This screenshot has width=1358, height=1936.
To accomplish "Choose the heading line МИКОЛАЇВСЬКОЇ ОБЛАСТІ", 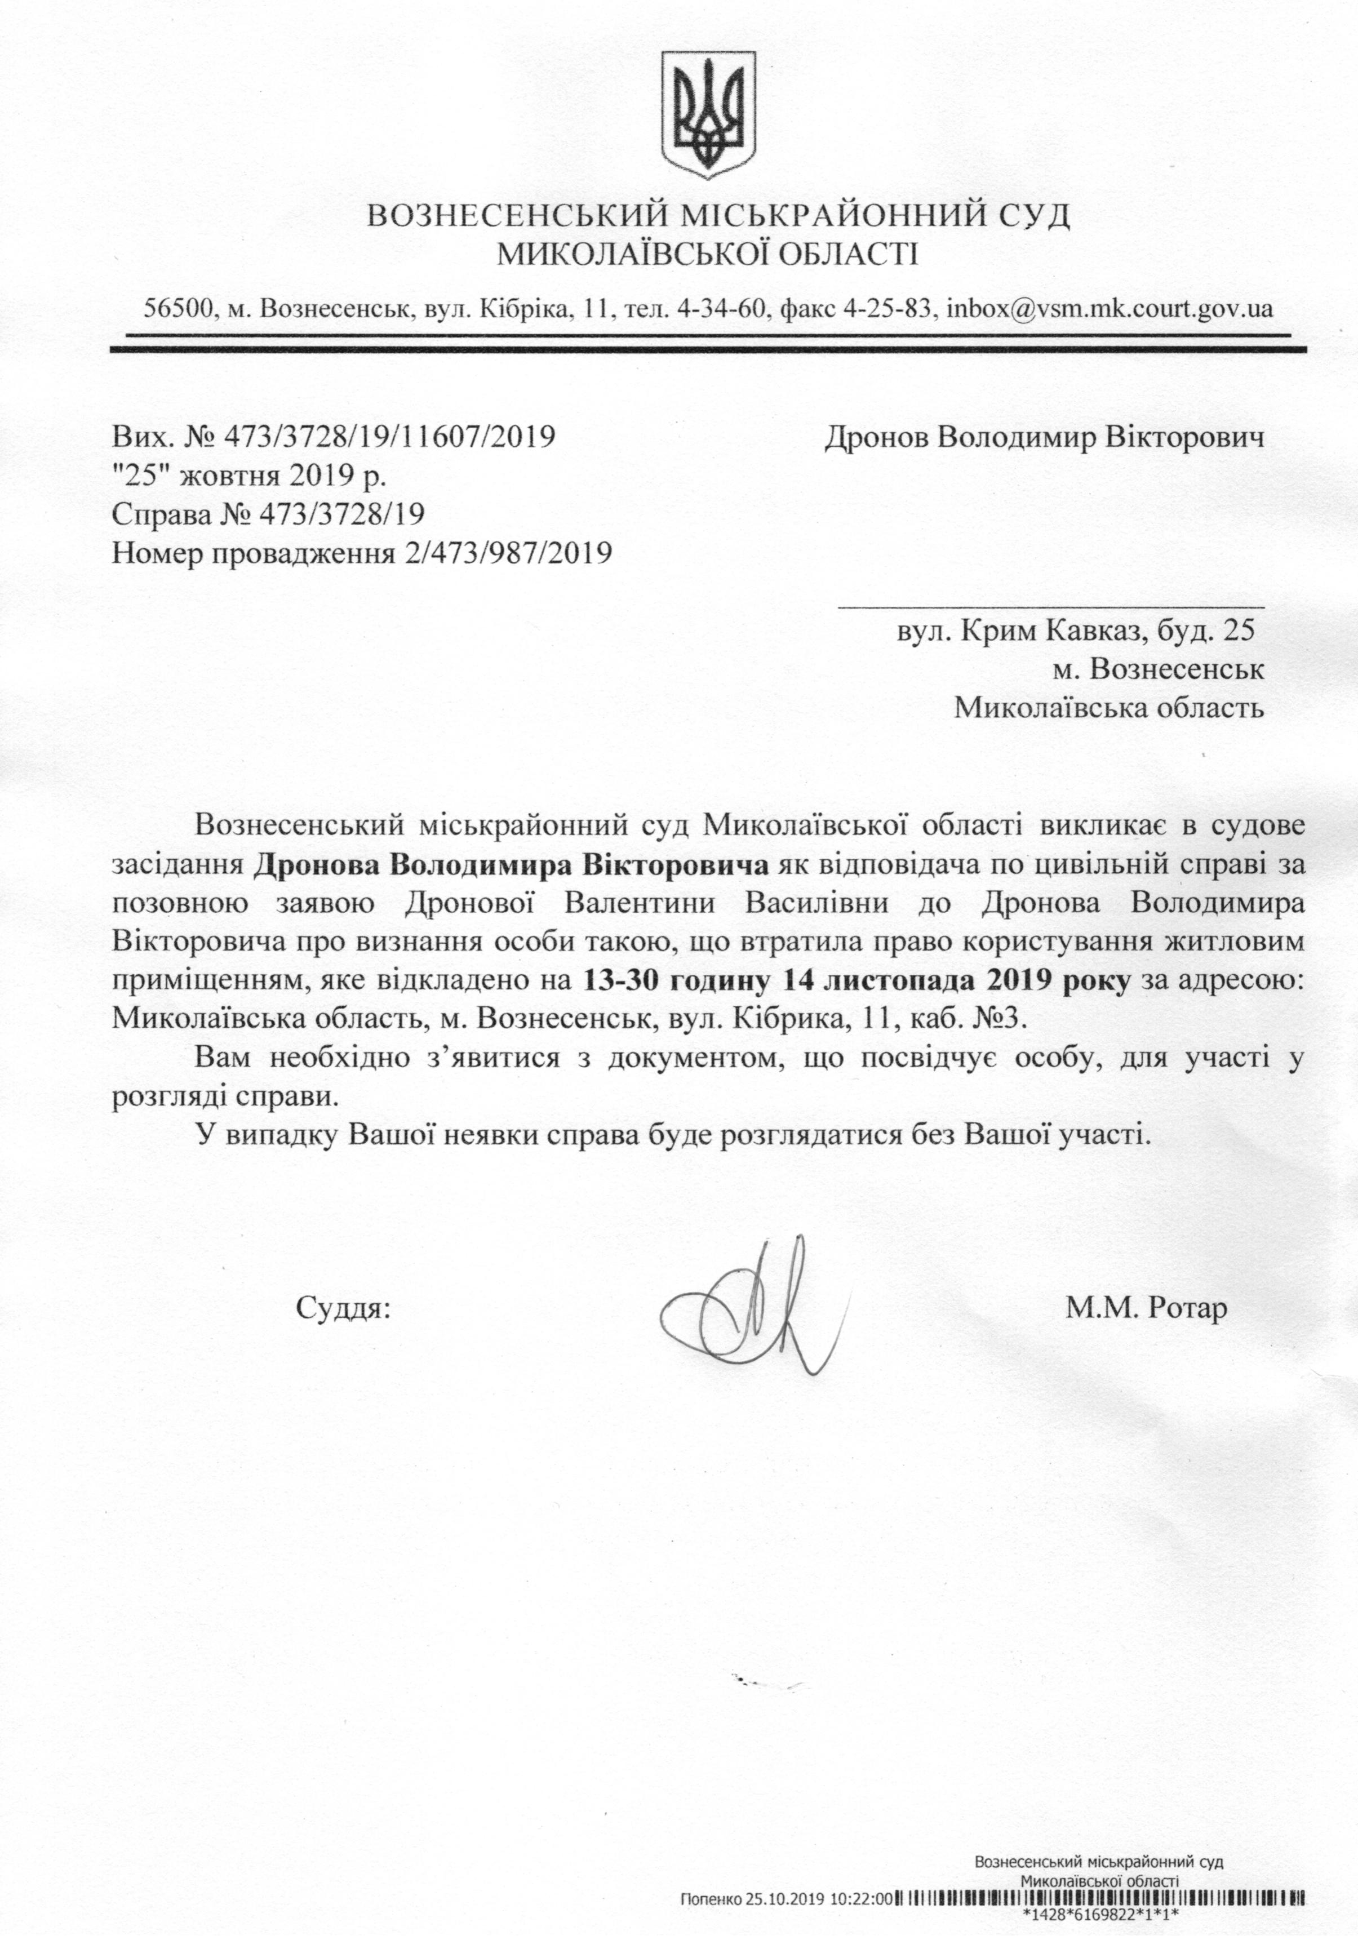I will (707, 253).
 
